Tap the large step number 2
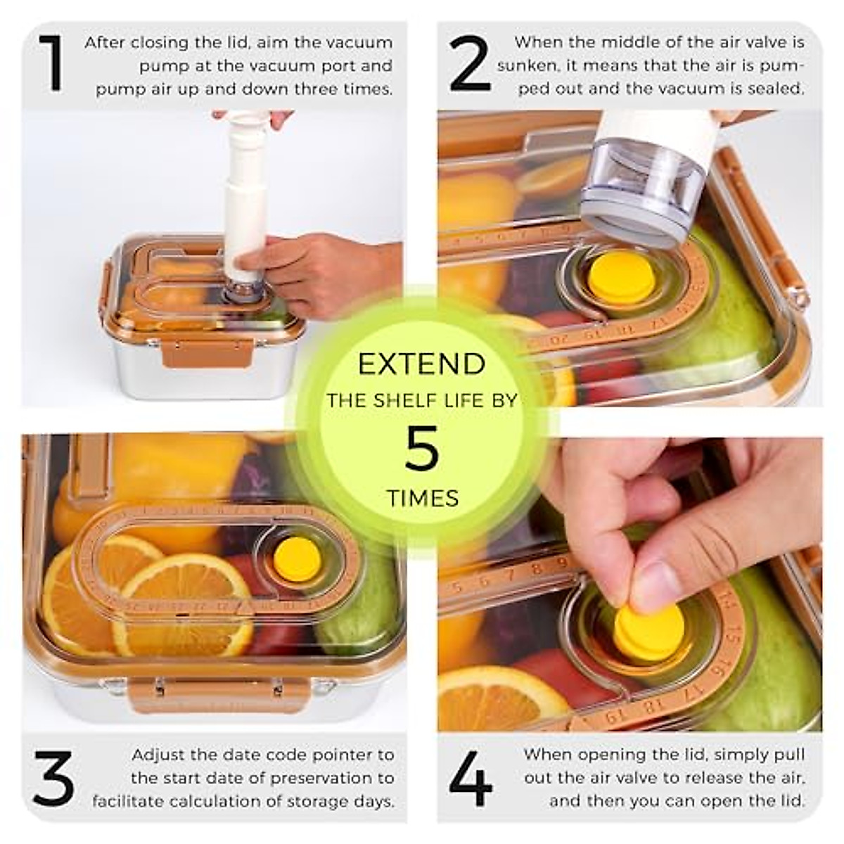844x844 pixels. pyautogui.click(x=470, y=65)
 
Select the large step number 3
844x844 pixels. pyautogui.click(x=53, y=779)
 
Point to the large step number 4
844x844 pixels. pyautogui.click(x=471, y=779)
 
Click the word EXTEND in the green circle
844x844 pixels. pyautogui.click(x=421, y=364)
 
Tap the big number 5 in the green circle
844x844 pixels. pyautogui.click(x=421, y=448)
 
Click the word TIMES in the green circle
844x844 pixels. pyautogui.click(x=422, y=499)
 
